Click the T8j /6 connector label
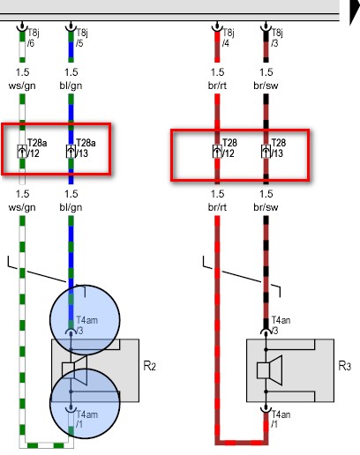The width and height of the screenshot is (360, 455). [33, 38]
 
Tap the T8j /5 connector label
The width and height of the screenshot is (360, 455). [82, 38]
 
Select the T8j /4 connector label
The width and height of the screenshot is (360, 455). [228, 38]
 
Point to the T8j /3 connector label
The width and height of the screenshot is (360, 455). [277, 38]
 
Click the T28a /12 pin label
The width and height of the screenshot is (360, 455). [37, 148]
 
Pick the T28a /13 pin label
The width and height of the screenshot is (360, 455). [86, 148]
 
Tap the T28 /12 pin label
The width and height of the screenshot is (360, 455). [229, 148]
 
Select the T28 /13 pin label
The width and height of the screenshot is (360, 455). [278, 148]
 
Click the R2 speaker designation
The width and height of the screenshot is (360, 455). [149, 366]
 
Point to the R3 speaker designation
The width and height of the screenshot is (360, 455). [345, 366]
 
